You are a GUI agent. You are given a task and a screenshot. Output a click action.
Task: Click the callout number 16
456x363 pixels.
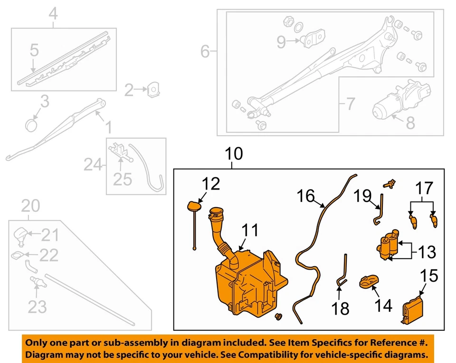[x=306, y=195]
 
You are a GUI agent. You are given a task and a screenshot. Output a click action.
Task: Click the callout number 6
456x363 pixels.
[x=205, y=51]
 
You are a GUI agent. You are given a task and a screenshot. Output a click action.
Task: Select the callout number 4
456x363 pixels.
[x=53, y=14]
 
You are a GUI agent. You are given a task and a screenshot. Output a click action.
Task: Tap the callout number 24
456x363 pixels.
[x=94, y=165]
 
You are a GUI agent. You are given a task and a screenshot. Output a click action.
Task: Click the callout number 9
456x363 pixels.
[x=281, y=42]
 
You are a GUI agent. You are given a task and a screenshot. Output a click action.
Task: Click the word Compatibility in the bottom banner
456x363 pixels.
[x=300, y=355]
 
